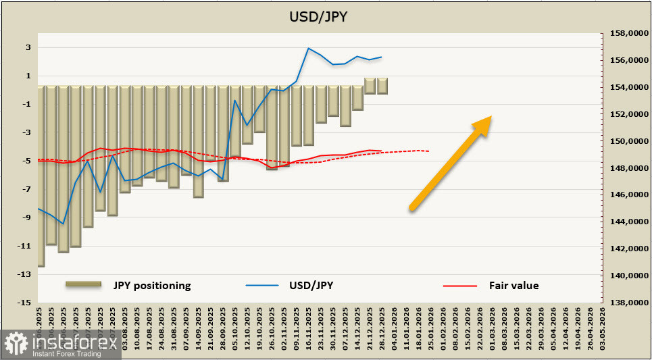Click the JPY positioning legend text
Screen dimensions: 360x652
[x=152, y=285]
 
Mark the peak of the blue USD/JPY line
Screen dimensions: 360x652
[x=309, y=48]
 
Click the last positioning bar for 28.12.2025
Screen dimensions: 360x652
[x=382, y=86]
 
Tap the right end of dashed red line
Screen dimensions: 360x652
[x=429, y=151]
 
